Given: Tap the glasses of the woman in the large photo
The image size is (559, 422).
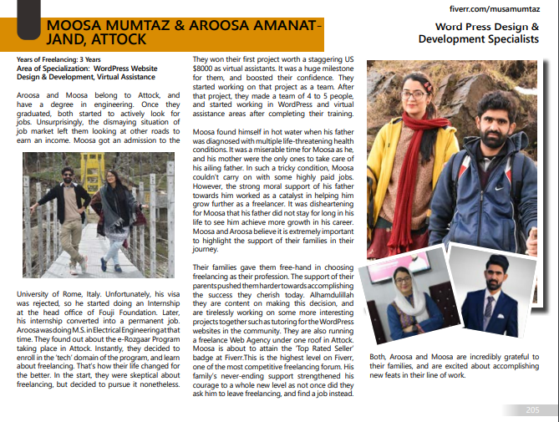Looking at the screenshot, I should [x=415, y=94].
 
